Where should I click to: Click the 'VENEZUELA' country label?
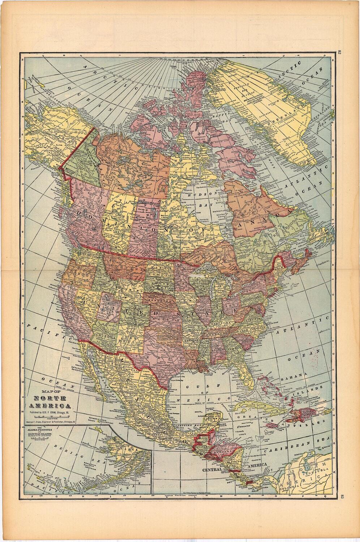pyautogui.click(x=320, y=470)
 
